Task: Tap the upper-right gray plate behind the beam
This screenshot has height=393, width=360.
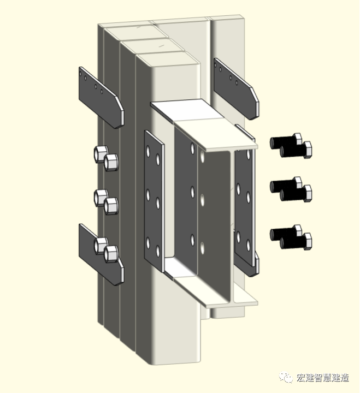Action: pyautogui.click(x=235, y=87)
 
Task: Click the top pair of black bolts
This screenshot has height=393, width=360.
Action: pyautogui.click(x=291, y=145)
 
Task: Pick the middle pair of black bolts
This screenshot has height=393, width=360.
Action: pyautogui.click(x=291, y=189)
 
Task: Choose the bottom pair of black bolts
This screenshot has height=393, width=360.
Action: pyautogui.click(x=291, y=236)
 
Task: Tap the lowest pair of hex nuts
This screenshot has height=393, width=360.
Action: pyautogui.click(x=106, y=249)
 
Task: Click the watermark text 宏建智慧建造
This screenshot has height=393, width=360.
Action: pyautogui.click(x=323, y=377)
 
